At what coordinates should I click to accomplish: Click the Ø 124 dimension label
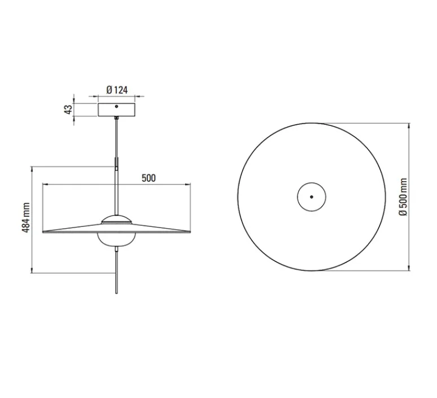116,89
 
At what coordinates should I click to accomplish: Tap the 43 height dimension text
69,110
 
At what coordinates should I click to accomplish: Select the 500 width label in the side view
148,178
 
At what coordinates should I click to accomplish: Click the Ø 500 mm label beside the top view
403,197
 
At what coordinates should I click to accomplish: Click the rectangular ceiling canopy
116,110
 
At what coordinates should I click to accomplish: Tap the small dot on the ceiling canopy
116,106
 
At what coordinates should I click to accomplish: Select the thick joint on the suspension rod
117,163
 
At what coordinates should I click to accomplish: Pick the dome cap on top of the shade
117,220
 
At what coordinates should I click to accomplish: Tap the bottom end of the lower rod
117,292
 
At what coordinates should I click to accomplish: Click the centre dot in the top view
311,197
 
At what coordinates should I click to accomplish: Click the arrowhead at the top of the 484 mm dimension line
33,168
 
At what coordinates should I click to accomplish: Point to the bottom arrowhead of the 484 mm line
33,272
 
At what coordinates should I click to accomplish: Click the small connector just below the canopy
116,119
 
